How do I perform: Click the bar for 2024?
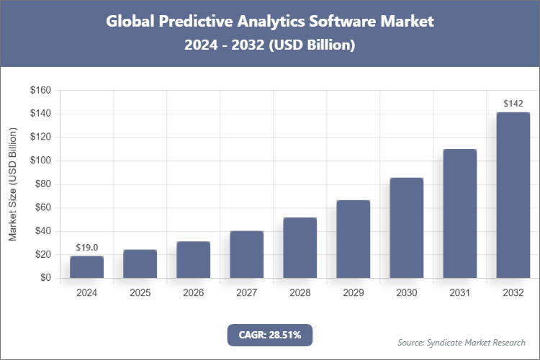86,267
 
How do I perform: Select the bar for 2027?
246,254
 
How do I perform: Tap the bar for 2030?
406,228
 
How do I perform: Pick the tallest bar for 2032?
513,194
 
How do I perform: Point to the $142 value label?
513,104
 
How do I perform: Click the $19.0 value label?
86,247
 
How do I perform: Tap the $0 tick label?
45,278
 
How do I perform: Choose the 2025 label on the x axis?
140,293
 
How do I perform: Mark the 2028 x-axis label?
300,293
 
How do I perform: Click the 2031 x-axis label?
459,293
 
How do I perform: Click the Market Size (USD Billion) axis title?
13,184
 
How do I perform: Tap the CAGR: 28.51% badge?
270,335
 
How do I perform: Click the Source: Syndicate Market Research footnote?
462,342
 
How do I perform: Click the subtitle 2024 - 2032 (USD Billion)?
270,45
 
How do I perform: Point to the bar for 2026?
193,260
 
